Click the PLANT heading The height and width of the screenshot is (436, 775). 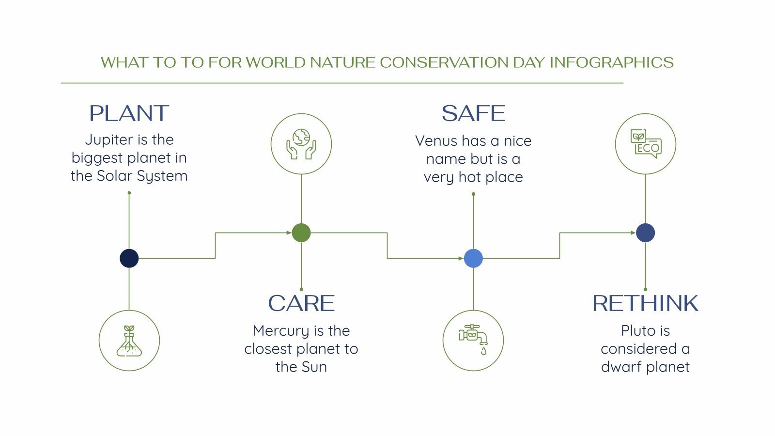[x=129, y=113]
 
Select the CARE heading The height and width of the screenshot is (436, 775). [x=301, y=304]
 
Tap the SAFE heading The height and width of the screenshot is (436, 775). [x=473, y=113]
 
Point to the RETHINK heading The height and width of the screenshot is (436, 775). [x=645, y=304]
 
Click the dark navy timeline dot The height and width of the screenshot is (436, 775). [x=129, y=258]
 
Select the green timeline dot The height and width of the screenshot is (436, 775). [x=301, y=233]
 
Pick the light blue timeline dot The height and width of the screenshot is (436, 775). [x=473, y=258]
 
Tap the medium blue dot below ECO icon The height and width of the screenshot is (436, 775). [x=645, y=233]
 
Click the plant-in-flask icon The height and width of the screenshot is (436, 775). [x=129, y=341]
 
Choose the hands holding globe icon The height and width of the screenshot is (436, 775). [x=301, y=144]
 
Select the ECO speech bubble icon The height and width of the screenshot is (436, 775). [x=645, y=144]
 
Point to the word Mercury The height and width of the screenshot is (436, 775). [x=280, y=331]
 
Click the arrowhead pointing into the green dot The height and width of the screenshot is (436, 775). [x=288, y=233]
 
